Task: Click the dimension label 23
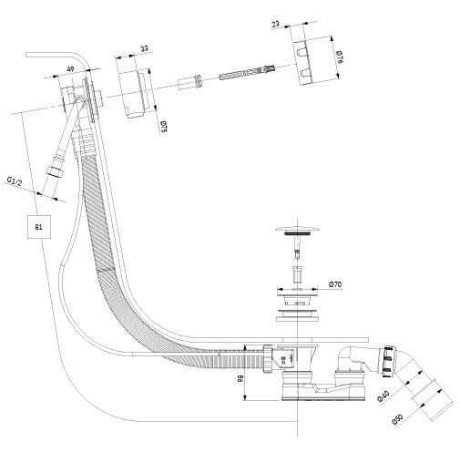[276, 24]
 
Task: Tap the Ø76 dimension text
[339, 57]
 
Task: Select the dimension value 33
[145, 48]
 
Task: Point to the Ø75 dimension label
[164, 127]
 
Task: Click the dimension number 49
[70, 69]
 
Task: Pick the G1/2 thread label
[15, 181]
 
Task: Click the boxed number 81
[39, 227]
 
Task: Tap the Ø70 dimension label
[335, 284]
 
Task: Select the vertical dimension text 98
[240, 378]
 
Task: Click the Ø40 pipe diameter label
[383, 396]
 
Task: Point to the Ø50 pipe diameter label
[397, 419]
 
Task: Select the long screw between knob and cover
[247, 72]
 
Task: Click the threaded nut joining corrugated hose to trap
[268, 358]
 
